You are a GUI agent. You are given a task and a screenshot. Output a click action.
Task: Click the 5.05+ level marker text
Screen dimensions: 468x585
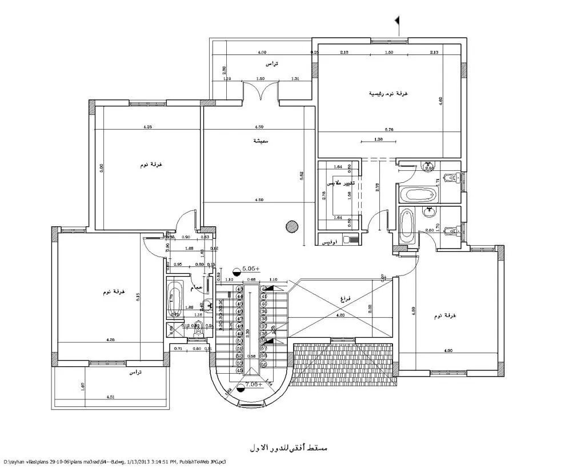[x=251, y=268]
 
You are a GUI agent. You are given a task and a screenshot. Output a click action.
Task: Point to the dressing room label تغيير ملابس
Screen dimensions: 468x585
[x=341, y=183]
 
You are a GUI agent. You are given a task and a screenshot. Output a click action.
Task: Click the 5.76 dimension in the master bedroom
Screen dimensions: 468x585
[x=389, y=130]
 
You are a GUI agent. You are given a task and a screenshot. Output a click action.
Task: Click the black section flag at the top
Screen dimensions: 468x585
[x=396, y=21]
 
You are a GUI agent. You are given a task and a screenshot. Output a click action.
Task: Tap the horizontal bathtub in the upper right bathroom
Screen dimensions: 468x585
[x=419, y=194]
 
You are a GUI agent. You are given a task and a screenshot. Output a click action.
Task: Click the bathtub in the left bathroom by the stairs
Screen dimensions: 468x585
[x=174, y=296]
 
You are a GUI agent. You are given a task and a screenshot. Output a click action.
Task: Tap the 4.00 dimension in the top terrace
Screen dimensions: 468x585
[x=262, y=53]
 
